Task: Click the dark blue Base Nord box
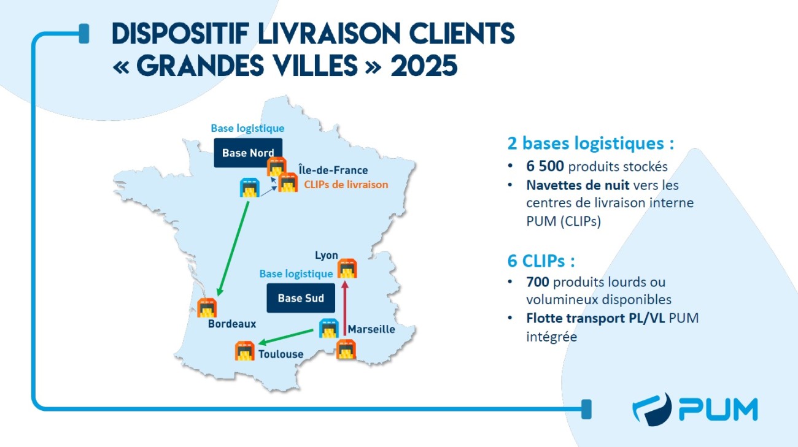click(x=248, y=153)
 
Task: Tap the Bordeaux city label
click(x=231, y=324)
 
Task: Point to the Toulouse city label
click(x=281, y=354)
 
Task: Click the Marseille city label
click(x=371, y=329)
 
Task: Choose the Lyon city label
click(x=327, y=254)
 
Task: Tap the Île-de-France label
click(x=333, y=170)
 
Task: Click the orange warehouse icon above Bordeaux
click(x=207, y=307)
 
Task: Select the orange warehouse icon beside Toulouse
click(x=245, y=351)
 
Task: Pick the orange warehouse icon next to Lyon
click(x=347, y=268)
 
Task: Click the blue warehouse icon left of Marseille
click(x=329, y=329)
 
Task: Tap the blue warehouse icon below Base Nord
click(x=249, y=188)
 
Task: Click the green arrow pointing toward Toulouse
click(x=286, y=337)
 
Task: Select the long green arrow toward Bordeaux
click(x=233, y=248)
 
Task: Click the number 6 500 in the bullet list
click(x=545, y=166)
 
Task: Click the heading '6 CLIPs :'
click(x=541, y=260)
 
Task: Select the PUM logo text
click(x=718, y=409)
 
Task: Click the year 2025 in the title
click(x=424, y=65)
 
